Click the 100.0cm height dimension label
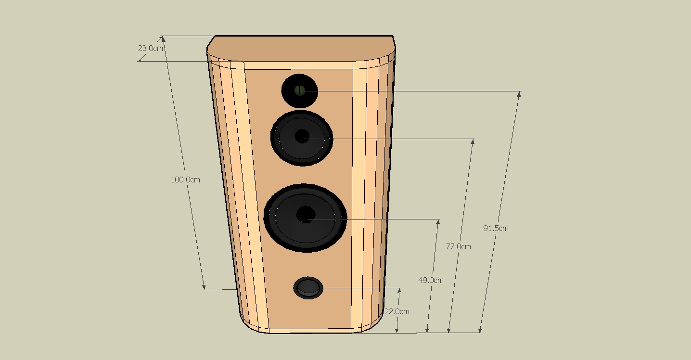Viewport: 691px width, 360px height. click(185, 180)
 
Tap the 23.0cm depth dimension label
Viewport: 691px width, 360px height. click(151, 48)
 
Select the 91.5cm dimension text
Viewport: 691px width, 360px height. click(496, 228)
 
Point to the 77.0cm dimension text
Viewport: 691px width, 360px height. click(459, 246)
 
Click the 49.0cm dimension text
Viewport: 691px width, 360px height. click(431, 280)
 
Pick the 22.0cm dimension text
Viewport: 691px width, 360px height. click(397, 311)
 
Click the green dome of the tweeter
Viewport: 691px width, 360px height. click(299, 90)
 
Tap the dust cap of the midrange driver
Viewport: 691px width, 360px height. click(302, 136)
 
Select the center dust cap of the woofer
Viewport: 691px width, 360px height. click(306, 214)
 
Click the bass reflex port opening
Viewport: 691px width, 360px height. click(308, 287)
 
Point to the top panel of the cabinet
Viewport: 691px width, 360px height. click(301, 49)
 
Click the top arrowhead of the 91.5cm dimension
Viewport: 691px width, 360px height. click(519, 94)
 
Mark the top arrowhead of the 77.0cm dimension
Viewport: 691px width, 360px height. click(473, 141)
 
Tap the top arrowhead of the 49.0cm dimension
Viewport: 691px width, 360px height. click(438, 222)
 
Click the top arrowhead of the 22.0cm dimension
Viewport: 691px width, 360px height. click(399, 291)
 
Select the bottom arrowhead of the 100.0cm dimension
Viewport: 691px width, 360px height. click(204, 287)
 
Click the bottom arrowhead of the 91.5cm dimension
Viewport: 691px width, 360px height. click(480, 330)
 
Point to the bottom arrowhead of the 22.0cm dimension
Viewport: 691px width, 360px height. click(397, 330)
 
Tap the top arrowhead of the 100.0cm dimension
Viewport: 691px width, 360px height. click(163, 39)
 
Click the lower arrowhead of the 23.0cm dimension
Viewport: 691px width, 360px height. click(141, 59)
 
